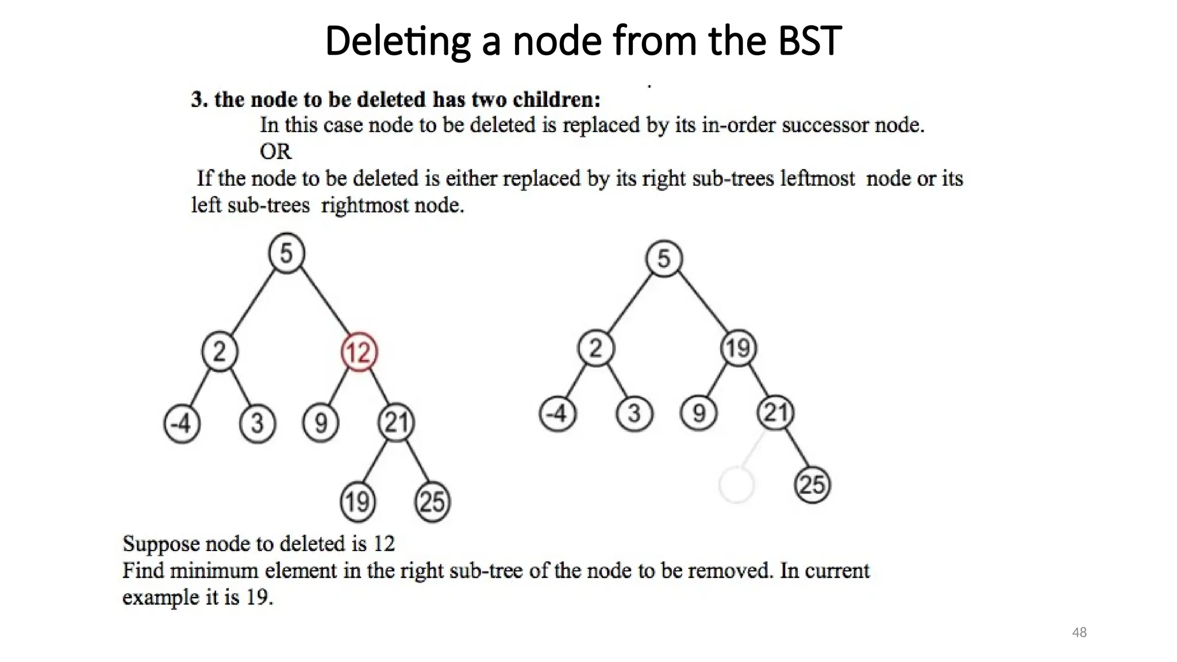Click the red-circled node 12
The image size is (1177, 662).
pos(359,352)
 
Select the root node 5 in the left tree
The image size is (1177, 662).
pos(286,253)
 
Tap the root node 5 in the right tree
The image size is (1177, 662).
pos(664,259)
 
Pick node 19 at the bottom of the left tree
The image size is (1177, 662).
pos(357,502)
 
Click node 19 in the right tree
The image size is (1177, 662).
pos(738,348)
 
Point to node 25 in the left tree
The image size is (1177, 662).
pos(432,502)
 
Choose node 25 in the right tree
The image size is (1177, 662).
pos(812,484)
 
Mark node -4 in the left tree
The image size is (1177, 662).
pos(182,424)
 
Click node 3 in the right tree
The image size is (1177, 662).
pos(634,413)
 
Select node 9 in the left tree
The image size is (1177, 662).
pos(321,424)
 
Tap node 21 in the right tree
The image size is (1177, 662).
pos(775,413)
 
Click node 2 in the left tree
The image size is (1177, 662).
pos(220,351)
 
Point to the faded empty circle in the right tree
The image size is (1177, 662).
pos(736,485)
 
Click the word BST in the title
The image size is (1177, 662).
pos(810,41)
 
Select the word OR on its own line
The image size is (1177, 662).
pos(275,152)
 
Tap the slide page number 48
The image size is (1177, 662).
pos(1079,633)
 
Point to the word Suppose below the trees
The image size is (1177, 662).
pos(161,544)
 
